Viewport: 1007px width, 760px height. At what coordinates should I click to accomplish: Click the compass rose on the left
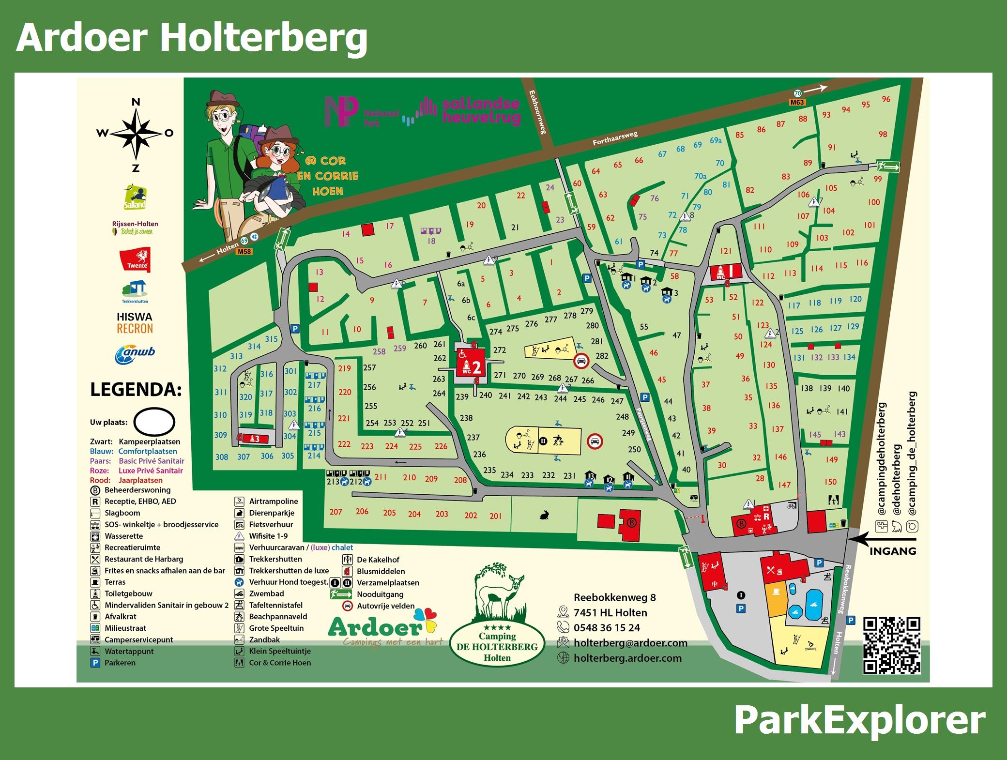click(x=136, y=134)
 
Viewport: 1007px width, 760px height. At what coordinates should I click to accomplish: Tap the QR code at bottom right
click(x=892, y=645)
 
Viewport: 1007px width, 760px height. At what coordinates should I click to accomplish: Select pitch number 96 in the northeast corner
click(x=886, y=99)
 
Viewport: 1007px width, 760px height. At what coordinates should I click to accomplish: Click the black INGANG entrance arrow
click(x=883, y=538)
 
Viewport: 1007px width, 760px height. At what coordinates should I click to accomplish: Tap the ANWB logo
click(x=135, y=354)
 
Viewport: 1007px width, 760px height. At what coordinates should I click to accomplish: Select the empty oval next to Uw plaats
click(x=154, y=422)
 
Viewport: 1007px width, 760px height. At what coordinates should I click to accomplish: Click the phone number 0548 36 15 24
click(x=607, y=628)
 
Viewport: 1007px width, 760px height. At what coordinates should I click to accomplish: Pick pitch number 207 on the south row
click(x=336, y=512)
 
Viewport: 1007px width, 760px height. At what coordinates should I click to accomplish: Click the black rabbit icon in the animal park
click(x=544, y=516)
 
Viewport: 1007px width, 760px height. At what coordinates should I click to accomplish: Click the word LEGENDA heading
click(x=136, y=390)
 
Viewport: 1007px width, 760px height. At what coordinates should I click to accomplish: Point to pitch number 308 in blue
click(x=222, y=457)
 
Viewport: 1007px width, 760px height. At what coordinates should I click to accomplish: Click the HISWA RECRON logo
click(x=135, y=323)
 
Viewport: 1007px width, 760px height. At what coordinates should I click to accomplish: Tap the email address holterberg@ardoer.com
click(x=630, y=643)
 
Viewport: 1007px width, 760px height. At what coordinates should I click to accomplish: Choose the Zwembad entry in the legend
click(x=266, y=593)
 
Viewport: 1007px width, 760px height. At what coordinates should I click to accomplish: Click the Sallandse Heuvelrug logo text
click(x=481, y=111)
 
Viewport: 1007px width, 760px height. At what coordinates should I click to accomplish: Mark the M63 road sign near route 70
click(x=797, y=102)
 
